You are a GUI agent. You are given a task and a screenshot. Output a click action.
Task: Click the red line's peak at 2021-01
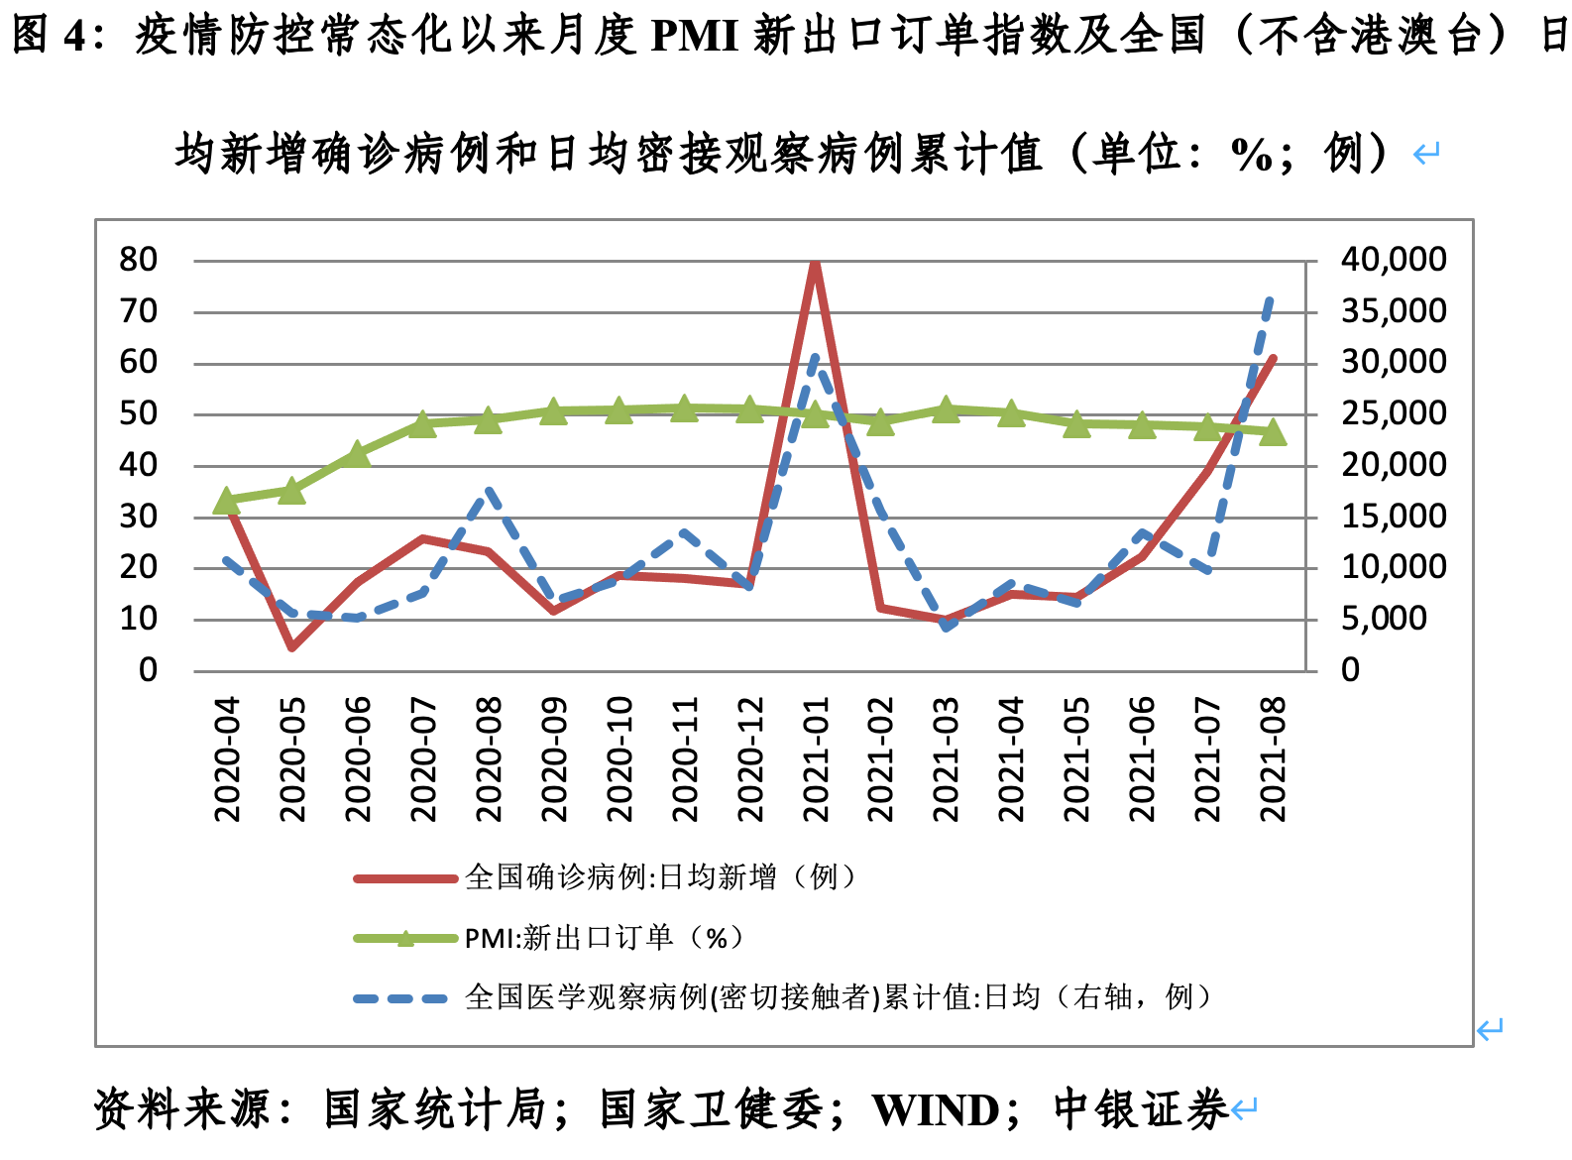click(x=815, y=263)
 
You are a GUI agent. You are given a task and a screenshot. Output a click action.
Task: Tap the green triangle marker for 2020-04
click(x=226, y=501)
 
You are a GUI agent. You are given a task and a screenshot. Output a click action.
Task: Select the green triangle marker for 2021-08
click(x=1273, y=431)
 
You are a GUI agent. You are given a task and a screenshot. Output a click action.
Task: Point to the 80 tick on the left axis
click(x=139, y=260)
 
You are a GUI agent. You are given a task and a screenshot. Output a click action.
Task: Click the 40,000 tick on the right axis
click(x=1393, y=260)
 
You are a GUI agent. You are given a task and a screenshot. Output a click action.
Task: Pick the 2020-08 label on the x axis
click(x=489, y=758)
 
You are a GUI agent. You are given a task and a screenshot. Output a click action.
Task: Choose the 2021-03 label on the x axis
click(x=947, y=758)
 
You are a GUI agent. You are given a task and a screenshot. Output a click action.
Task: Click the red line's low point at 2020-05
click(x=291, y=647)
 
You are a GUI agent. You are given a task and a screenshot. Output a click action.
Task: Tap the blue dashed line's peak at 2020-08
click(x=488, y=491)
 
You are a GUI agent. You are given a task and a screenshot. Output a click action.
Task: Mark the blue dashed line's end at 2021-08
click(x=1271, y=297)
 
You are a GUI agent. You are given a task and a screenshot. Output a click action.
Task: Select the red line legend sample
click(x=404, y=877)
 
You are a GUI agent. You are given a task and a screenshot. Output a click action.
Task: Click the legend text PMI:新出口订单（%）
click(x=604, y=938)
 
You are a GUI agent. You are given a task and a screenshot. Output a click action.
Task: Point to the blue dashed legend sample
click(x=404, y=998)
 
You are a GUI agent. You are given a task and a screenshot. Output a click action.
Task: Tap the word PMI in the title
click(x=694, y=37)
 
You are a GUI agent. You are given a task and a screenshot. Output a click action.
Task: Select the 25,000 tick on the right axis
click(x=1393, y=413)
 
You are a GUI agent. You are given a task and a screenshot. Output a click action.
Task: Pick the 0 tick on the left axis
click(x=148, y=670)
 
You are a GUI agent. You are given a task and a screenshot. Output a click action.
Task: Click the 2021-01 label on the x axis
click(x=816, y=758)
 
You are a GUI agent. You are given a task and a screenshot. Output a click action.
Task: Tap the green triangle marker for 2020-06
click(x=357, y=455)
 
